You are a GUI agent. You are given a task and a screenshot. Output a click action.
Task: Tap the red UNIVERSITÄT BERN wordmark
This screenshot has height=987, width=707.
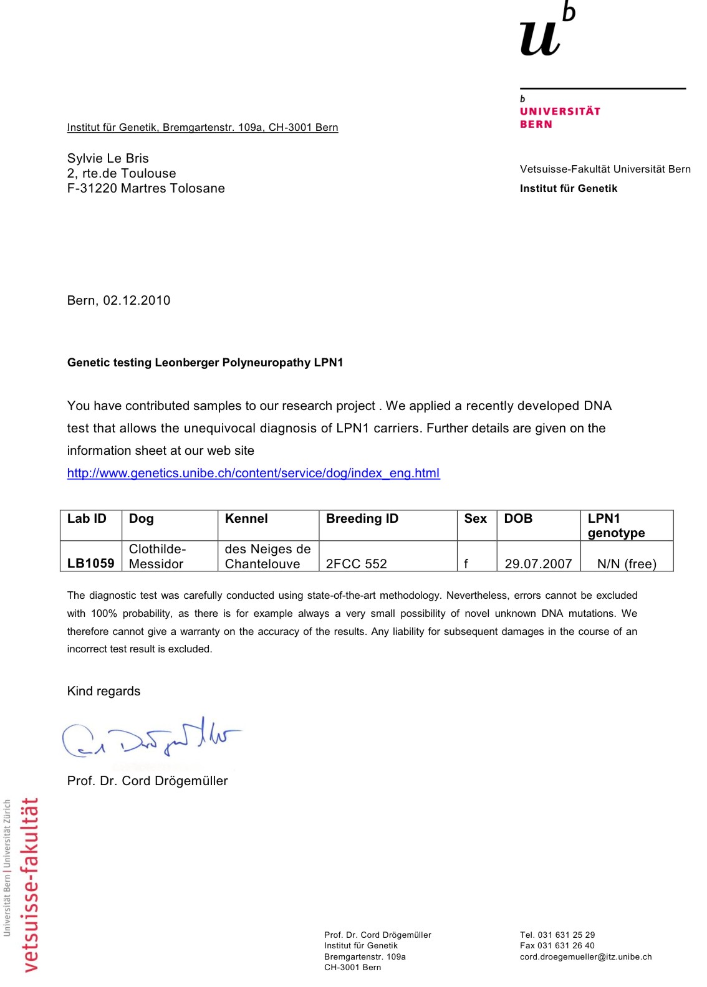pos(559,117)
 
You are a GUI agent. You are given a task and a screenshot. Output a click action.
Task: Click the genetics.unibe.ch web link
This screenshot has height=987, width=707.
pos(253,473)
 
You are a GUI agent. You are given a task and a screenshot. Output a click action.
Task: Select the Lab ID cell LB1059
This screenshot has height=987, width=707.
pos(90,563)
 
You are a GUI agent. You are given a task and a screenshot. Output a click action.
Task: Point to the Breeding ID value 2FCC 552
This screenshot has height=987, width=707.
pos(356,564)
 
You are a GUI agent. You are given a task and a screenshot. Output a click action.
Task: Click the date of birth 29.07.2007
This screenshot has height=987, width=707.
pos(538,564)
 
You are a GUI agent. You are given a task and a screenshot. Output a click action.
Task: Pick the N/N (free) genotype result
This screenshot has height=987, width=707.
pos(627,564)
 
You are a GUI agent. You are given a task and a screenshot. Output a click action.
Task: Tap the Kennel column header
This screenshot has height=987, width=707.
pos(246,518)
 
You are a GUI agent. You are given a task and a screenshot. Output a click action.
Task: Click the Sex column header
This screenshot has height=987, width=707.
pos(475,518)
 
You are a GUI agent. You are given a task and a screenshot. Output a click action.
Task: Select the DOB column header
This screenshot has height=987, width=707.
pos(518,518)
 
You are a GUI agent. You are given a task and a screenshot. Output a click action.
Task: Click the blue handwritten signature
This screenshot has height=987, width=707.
pos(150,739)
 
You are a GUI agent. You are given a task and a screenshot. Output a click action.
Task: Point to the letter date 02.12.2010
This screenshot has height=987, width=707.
pos(137,300)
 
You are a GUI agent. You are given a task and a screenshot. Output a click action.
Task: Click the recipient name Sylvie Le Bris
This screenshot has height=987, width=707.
pos(108,158)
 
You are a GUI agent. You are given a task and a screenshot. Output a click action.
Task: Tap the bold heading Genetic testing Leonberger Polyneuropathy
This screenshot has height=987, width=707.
pos(205,363)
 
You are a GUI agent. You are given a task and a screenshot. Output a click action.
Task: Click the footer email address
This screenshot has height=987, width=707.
pos(585,956)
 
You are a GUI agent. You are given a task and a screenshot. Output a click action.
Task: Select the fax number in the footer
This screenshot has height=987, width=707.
pos(557,945)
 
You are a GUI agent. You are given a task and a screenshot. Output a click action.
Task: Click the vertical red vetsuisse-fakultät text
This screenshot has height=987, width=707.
pos(29,885)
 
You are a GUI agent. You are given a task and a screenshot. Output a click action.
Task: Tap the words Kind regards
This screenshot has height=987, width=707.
pos(103,691)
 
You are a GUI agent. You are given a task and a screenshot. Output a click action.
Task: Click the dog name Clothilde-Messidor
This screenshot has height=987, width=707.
pos(157,556)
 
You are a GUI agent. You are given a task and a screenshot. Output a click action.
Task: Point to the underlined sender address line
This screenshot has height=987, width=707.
pos(203,127)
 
